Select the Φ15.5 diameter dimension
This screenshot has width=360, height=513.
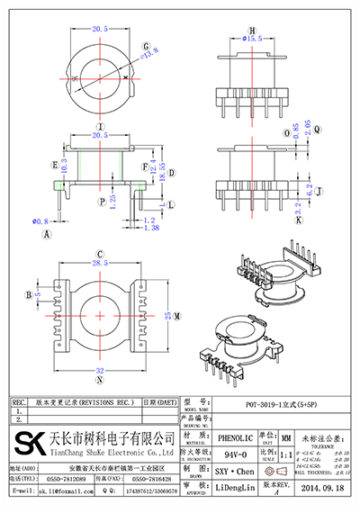pyautogui.click(x=253, y=40)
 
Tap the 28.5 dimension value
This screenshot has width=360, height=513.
pyautogui.click(x=100, y=263)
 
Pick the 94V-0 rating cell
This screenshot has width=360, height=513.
pyautogui.click(x=234, y=455)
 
